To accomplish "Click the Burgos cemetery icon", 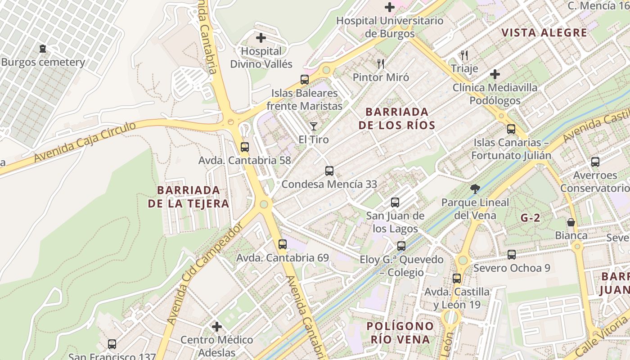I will click(x=43, y=49).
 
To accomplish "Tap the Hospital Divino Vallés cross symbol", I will click(x=261, y=38).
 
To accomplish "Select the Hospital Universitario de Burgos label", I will click(x=390, y=27).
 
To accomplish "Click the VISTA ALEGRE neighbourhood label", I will click(x=544, y=32).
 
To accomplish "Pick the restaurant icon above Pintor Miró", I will click(x=381, y=64).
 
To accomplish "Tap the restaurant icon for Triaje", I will click(x=464, y=55).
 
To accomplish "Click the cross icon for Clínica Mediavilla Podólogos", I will click(x=495, y=74).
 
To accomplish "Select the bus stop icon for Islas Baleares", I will click(x=305, y=80).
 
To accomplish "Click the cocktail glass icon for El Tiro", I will click(x=314, y=126).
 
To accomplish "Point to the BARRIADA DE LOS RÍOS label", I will click(x=397, y=118).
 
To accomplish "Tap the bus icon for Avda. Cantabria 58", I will click(x=245, y=147).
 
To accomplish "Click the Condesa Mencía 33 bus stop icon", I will click(x=329, y=171).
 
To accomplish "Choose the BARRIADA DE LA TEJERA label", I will click(x=189, y=197).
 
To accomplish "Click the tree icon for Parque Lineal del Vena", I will click(x=475, y=189).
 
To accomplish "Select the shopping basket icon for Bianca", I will click(x=571, y=222).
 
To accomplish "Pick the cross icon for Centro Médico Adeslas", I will click(x=217, y=326).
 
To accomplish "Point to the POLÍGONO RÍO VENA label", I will click(x=400, y=333).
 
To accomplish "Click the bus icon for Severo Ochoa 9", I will click(x=512, y=255).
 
